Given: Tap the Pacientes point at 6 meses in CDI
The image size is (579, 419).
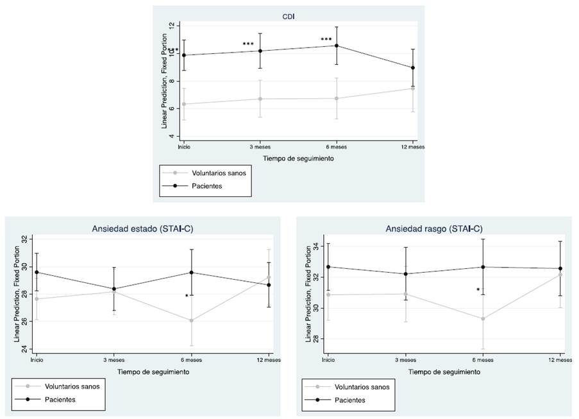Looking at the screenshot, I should click(x=336, y=46).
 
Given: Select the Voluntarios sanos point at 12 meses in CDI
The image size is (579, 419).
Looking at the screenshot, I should click(x=413, y=88).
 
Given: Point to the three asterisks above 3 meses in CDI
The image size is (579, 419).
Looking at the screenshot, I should click(x=248, y=44).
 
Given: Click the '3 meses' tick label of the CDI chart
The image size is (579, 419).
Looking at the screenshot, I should click(x=260, y=146).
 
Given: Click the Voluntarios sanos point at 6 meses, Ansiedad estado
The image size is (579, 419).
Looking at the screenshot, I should click(x=191, y=320).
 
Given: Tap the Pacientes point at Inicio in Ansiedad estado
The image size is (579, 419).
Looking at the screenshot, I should click(x=37, y=272).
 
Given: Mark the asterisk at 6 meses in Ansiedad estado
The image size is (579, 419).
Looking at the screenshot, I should click(x=187, y=296).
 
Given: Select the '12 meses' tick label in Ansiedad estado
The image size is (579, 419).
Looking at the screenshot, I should click(x=268, y=359).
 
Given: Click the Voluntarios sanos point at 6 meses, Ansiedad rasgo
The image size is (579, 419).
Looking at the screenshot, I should click(x=483, y=319).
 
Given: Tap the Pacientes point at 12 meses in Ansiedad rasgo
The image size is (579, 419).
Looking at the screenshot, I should click(x=560, y=269).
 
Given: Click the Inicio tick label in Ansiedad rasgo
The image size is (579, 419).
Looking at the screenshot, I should click(x=328, y=359).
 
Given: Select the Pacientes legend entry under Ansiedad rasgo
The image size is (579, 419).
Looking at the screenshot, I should click(x=349, y=400).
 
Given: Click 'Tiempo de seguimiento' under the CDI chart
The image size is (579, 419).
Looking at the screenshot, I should click(x=298, y=157).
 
